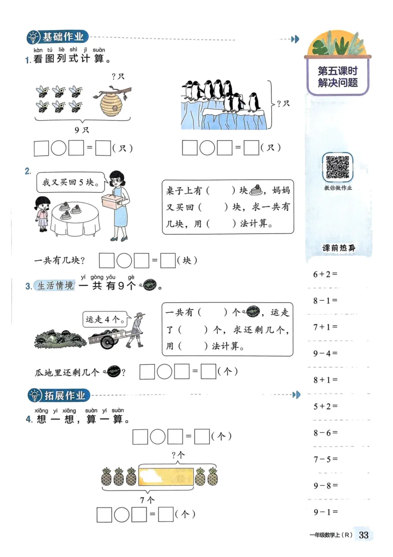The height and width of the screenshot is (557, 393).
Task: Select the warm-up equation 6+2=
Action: tap(326, 274)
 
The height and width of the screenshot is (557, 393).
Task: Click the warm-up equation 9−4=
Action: tap(326, 353)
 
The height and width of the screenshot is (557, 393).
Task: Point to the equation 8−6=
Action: tap(326, 433)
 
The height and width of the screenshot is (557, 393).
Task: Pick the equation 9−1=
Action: tap(326, 512)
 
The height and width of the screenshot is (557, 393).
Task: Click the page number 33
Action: tap(364, 535)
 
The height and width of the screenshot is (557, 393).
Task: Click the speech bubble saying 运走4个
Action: tap(103, 320)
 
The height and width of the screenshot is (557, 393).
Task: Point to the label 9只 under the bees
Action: tap(82, 130)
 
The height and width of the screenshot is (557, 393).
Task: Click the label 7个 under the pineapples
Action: tap(147, 499)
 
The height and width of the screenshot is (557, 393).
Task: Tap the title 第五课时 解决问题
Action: tap(337, 77)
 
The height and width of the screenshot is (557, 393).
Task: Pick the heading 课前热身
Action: tap(338, 248)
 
